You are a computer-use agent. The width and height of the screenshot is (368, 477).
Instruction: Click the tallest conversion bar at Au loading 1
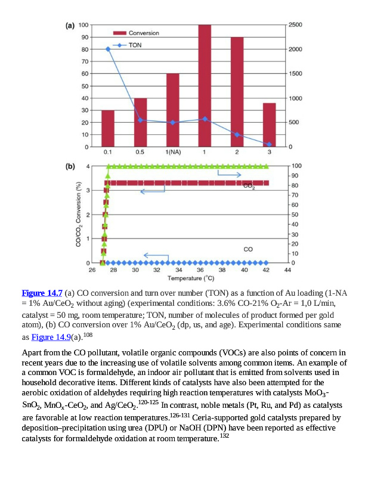pos(205,86)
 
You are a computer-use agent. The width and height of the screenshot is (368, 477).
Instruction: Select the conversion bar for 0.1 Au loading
pos(108,128)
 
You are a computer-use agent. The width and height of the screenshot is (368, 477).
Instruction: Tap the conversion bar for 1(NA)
pos(173,110)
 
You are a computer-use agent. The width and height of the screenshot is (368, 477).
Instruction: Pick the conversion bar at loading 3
pos(269,125)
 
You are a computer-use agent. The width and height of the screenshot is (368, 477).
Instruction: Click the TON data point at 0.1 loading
pos(108,49)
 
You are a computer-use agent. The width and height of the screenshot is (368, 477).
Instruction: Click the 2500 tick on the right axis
pos(295,25)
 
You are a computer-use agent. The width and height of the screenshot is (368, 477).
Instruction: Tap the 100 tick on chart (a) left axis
pos(83,25)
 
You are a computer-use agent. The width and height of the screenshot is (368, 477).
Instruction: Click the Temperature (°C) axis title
pos(190,278)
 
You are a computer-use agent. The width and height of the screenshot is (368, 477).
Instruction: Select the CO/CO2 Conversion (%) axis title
pos(78,214)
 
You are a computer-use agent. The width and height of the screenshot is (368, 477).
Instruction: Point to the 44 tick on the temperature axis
pos(287,270)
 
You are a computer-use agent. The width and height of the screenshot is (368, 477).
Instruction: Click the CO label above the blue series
pos(248,248)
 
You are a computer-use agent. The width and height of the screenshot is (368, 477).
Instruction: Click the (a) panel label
pos(69,26)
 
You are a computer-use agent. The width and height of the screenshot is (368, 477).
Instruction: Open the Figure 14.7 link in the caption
pos(42,293)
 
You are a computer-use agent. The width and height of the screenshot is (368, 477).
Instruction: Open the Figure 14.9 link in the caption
pos(51,337)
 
